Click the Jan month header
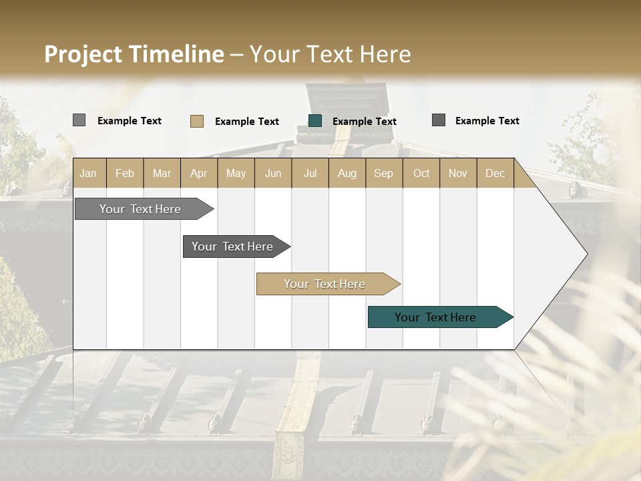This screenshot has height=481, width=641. pos(89,173)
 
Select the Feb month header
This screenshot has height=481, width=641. pos(125,173)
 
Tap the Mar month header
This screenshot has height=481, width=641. pos(162,173)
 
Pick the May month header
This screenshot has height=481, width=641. pos(236,173)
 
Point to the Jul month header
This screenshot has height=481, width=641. pos(310,173)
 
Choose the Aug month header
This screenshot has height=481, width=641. pos(347,173)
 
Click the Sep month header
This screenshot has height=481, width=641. pos(383,173)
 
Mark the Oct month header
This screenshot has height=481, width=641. pos(421,173)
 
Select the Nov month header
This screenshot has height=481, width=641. pos(457,173)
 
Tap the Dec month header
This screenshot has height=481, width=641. pos(495,173)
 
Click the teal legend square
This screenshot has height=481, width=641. pos(315,121)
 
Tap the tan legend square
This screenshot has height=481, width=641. pos(196,121)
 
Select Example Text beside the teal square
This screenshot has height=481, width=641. pos(364,122)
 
